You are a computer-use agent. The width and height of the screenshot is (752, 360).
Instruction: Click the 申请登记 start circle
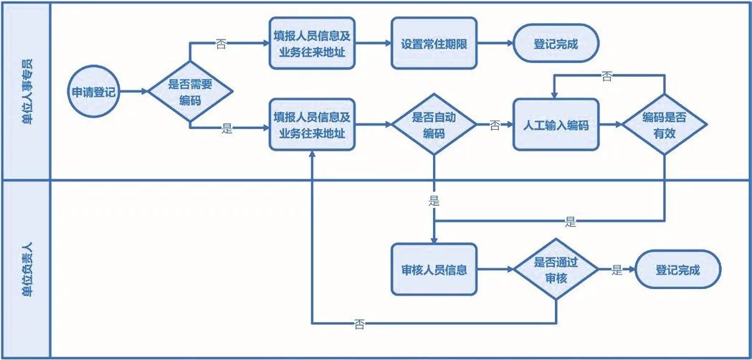tap(94, 92)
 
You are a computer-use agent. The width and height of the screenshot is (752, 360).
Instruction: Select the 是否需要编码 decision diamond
tap(190, 92)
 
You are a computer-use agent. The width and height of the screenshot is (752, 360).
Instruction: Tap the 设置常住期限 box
tap(435, 44)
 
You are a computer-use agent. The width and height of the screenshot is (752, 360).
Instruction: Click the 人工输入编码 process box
tap(556, 125)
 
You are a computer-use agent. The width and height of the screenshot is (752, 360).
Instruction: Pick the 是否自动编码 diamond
tap(434, 125)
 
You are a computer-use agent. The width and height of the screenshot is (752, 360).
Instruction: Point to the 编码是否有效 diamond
tap(664, 125)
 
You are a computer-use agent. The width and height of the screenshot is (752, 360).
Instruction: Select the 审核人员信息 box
tap(434, 270)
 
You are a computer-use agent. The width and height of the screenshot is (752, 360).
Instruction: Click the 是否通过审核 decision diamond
tap(556, 270)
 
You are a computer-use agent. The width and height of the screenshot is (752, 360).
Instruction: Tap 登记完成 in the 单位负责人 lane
tap(677, 270)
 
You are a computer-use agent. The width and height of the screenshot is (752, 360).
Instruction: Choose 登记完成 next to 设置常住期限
tap(556, 44)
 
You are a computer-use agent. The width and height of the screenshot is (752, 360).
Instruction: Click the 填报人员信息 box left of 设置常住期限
tap(313, 44)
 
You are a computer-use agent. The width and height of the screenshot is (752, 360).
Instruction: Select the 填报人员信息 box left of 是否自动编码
tap(313, 125)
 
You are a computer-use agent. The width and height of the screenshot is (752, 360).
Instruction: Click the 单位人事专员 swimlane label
tap(27, 92)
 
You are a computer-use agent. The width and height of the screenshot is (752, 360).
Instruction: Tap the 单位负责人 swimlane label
tap(27, 270)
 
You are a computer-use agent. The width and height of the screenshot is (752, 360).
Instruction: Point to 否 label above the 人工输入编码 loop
tap(607, 75)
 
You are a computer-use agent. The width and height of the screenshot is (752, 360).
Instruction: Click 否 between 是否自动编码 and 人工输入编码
tap(495, 125)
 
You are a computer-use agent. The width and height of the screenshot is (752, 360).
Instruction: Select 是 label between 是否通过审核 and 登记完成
tap(616, 270)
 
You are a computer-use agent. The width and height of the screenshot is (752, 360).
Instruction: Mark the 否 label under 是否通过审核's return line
tap(359, 324)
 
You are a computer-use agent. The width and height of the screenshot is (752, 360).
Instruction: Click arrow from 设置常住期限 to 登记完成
tap(495, 44)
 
